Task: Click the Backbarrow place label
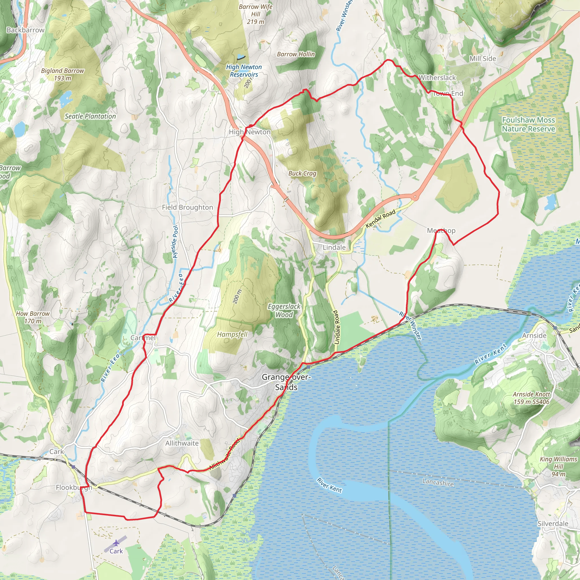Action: click(25, 30)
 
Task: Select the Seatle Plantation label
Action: click(90, 116)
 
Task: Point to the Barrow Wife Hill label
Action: click(255, 14)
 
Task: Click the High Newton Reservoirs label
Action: click(244, 71)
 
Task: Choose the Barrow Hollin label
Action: click(296, 54)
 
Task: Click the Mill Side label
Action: click(483, 59)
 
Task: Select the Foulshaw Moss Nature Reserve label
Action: click(528, 124)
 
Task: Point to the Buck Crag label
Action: click(302, 173)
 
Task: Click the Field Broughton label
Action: click(187, 207)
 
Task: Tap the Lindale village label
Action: click(334, 247)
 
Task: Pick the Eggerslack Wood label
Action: click(284, 310)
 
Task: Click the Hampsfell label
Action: click(232, 334)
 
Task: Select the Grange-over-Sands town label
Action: click(286, 382)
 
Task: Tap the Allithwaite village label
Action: click(182, 443)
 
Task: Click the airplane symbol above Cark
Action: click(116, 543)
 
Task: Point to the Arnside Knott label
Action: click(531, 398)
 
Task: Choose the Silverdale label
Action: click(553, 524)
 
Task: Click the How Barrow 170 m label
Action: click(33, 317)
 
